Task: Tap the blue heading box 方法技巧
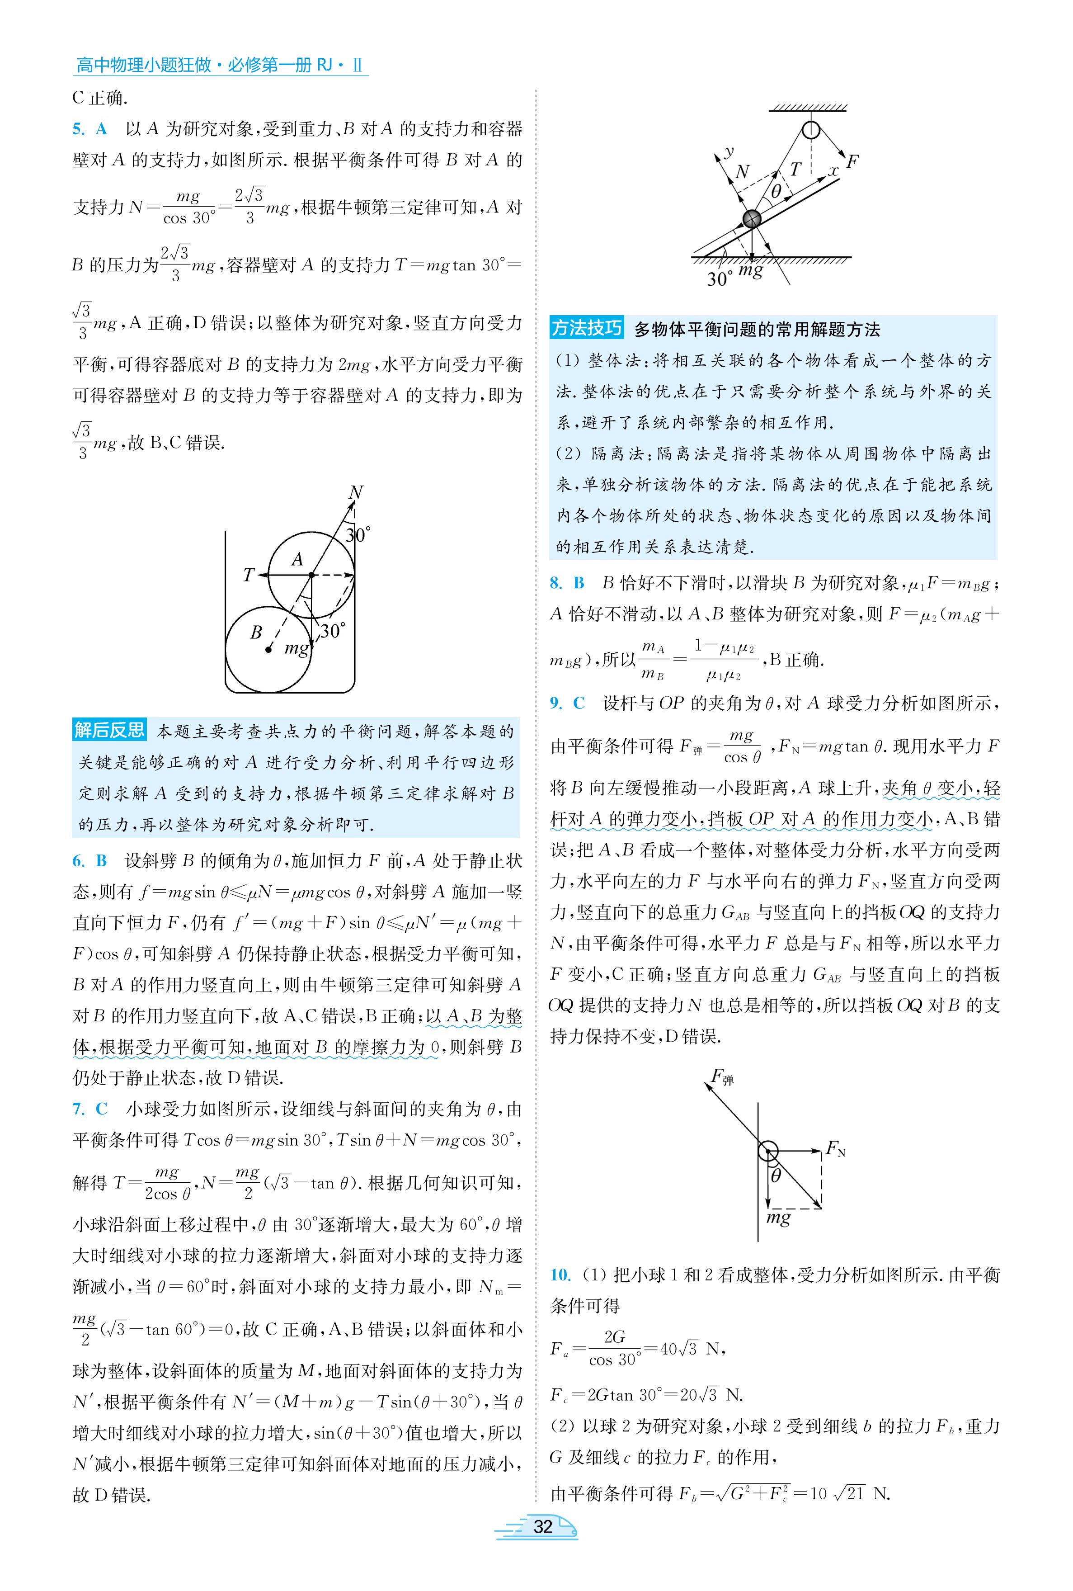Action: [x=587, y=329]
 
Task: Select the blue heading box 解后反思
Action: [x=109, y=730]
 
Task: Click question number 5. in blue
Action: [x=79, y=129]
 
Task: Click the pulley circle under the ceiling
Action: [x=810, y=130]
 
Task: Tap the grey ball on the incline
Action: [x=751, y=219]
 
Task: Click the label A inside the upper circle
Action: [x=297, y=560]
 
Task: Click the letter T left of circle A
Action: [x=249, y=575]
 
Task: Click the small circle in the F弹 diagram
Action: [x=768, y=1150]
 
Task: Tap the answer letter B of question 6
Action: [x=101, y=861]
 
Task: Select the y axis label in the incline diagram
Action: [x=729, y=152]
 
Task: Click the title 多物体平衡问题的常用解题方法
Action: [x=757, y=330]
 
